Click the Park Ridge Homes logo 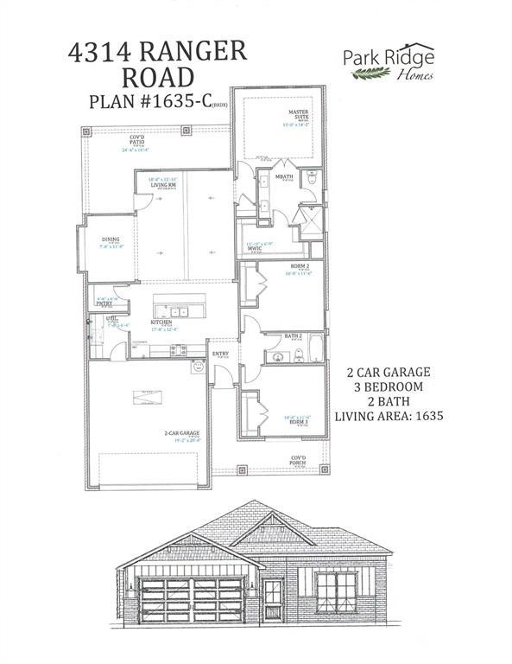pos(388,66)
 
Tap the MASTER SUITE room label pos(299,115)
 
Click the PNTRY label pos(104,303)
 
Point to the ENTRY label pos(221,354)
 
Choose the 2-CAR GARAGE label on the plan pos(183,432)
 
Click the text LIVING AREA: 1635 pos(389,416)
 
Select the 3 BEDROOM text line pos(389,386)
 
